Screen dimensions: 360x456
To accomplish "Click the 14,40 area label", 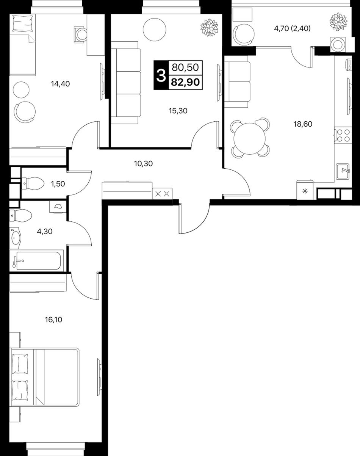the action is (x=60, y=84).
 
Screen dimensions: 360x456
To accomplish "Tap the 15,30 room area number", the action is (x=178, y=111).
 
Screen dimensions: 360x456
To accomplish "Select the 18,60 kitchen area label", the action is (x=303, y=124).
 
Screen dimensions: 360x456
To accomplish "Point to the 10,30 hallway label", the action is (x=144, y=163).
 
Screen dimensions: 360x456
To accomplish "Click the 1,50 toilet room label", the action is (x=58, y=184).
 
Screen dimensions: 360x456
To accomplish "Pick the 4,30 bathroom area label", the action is (x=45, y=231).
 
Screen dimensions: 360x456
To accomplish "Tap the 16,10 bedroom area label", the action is (x=53, y=320).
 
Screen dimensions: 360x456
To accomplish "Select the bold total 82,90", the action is (x=185, y=82).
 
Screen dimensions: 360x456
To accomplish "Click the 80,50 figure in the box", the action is (x=185, y=67).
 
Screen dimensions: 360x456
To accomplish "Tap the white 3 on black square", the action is (x=161, y=75).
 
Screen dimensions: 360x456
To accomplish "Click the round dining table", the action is (x=249, y=139).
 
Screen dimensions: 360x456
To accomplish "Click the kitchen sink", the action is (x=343, y=171).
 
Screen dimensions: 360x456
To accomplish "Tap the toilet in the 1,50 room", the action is (x=33, y=183).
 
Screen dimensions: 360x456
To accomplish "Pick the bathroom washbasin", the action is (x=15, y=238).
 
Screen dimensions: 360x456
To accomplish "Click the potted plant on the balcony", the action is (x=339, y=21).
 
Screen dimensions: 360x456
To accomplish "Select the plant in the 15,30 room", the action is (x=209, y=27).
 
